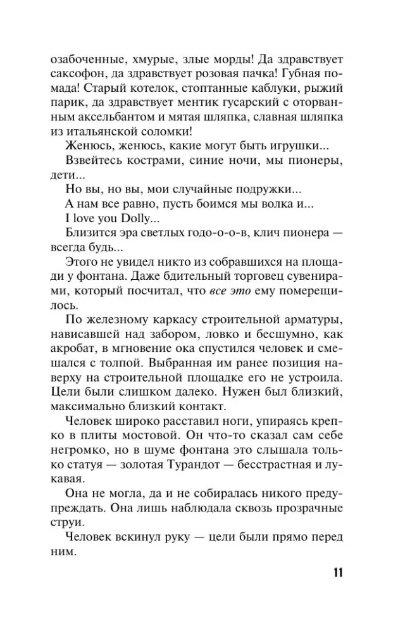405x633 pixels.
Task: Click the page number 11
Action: click(336, 573)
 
